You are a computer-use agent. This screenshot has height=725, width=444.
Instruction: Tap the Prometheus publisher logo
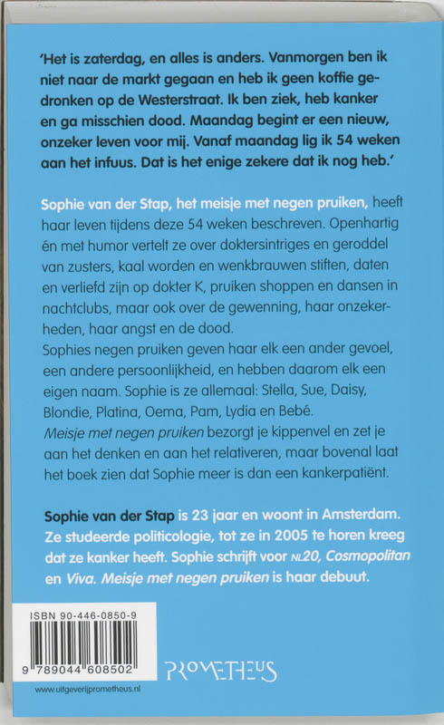[x=220, y=671]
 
